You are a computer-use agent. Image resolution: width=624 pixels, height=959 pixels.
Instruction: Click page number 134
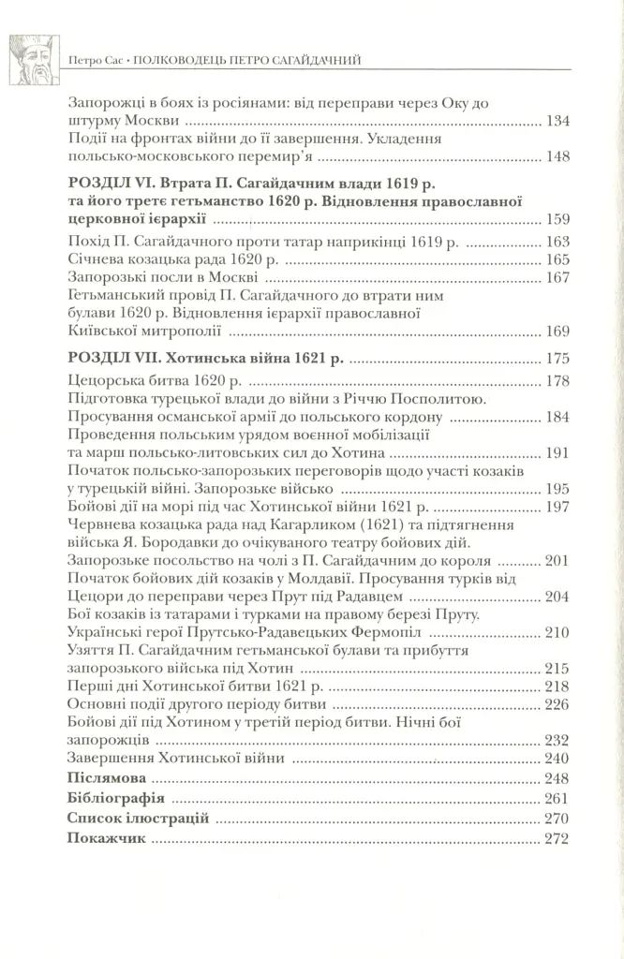pos(557,122)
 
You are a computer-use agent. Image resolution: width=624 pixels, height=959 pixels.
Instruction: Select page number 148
pos(557,156)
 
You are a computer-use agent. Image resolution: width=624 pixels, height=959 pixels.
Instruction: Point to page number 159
pos(557,221)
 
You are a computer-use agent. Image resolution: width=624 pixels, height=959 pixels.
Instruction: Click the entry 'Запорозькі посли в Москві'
pos(163,278)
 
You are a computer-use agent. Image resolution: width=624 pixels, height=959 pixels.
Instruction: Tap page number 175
pos(557,359)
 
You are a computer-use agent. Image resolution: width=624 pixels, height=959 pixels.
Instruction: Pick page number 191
pos(557,453)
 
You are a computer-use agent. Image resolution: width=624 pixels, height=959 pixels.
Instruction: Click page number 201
pos(557,561)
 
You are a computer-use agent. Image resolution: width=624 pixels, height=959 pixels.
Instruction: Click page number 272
pos(557,839)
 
